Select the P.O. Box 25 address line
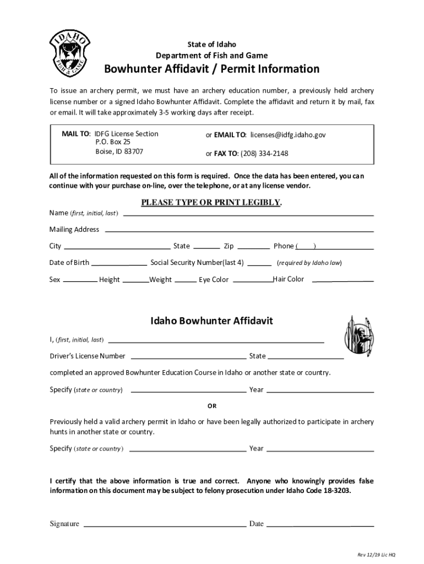tap(113, 142)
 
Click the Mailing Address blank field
tap(239, 230)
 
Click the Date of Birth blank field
tap(119, 263)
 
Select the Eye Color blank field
tap(252, 280)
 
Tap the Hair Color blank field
tap(343, 280)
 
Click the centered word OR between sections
tap(212, 406)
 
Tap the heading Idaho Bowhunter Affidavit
tap(212, 321)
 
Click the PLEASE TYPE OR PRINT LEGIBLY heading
tap(211, 202)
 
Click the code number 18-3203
tap(332, 490)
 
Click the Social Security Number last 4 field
tap(259, 263)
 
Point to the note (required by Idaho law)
tap(309, 263)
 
